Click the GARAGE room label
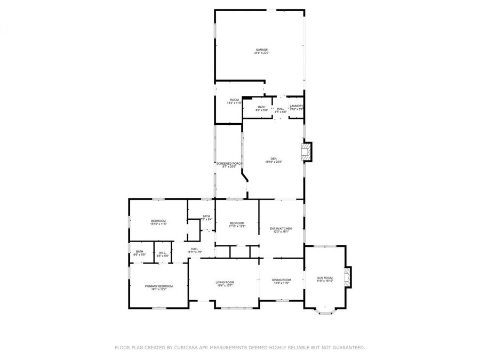click(261, 50)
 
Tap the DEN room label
click(274, 158)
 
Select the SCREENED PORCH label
click(229, 163)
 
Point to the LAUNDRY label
click(297, 106)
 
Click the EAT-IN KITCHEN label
click(281, 228)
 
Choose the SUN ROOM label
click(325, 277)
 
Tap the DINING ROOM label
click(281, 279)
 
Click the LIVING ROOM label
click(225, 282)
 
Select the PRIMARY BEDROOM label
click(159, 286)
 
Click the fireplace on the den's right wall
click(307, 151)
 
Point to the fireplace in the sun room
click(347, 276)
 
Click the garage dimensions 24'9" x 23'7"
click(261, 53)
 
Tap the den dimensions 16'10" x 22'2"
click(274, 162)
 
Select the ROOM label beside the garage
click(234, 100)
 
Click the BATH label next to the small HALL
click(261, 107)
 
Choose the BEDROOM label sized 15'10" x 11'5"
click(158, 221)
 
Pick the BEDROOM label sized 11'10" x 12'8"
click(237, 223)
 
